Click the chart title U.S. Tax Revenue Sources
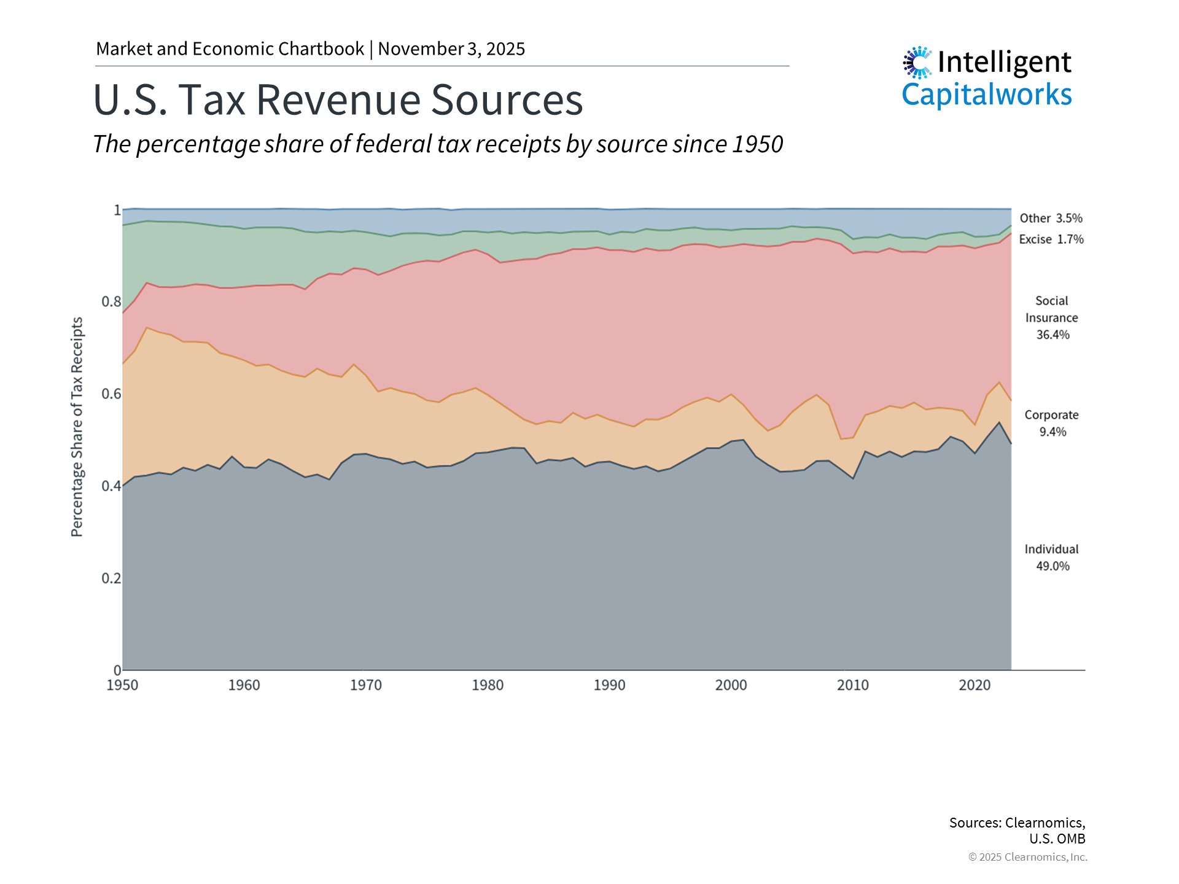click(338, 100)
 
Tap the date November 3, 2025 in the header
click(451, 49)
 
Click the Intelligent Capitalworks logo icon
click(917, 63)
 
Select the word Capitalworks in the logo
click(986, 95)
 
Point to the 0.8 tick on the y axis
click(111, 301)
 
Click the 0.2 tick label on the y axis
click(111, 578)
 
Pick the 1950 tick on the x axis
click(122, 685)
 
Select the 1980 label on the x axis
click(488, 685)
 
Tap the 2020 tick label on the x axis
click(975, 685)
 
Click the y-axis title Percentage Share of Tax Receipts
click(77, 427)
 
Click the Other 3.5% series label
click(1051, 219)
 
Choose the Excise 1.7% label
click(1051, 239)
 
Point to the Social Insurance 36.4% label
click(1052, 318)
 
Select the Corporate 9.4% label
click(1051, 424)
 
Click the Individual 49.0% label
click(1051, 557)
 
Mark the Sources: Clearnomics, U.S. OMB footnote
click(1018, 830)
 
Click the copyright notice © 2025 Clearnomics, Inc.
click(1027, 857)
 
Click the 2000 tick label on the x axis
click(731, 685)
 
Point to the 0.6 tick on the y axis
click(111, 394)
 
